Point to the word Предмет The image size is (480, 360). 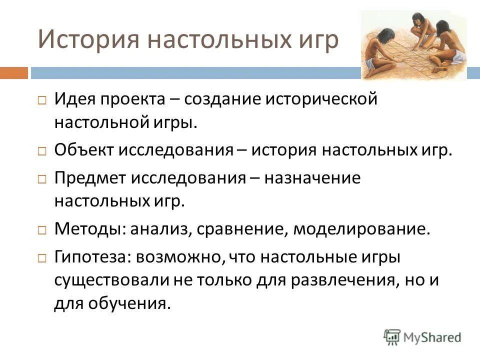pyautogui.click(x=87, y=178)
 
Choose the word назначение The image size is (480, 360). pyautogui.click(x=312, y=178)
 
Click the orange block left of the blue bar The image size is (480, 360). pyautogui.click(x=13, y=73)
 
